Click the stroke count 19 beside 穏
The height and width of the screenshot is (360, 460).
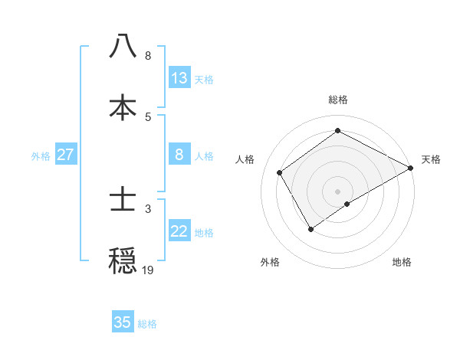coord(147,270)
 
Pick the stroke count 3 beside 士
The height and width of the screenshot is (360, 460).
coord(147,208)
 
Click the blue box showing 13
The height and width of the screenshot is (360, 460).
coord(179,78)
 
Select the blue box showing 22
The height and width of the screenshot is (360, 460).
coord(179,232)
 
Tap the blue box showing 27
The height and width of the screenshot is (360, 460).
coord(66,155)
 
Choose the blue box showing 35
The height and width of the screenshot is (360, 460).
coord(123,322)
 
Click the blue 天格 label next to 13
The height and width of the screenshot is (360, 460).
coord(204,79)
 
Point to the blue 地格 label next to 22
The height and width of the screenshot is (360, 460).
coord(204,233)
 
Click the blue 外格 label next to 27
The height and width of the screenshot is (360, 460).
coord(41,155)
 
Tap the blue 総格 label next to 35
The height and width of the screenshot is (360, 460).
coord(147,323)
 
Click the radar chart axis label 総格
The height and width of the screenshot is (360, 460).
coord(338,100)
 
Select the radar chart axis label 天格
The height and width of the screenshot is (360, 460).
coord(431,159)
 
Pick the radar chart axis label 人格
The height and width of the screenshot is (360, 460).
coord(245,159)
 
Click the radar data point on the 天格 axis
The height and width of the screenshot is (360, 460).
coord(411,167)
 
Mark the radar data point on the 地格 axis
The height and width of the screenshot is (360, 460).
coord(347,204)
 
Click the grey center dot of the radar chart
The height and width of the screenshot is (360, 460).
coord(338,191)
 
